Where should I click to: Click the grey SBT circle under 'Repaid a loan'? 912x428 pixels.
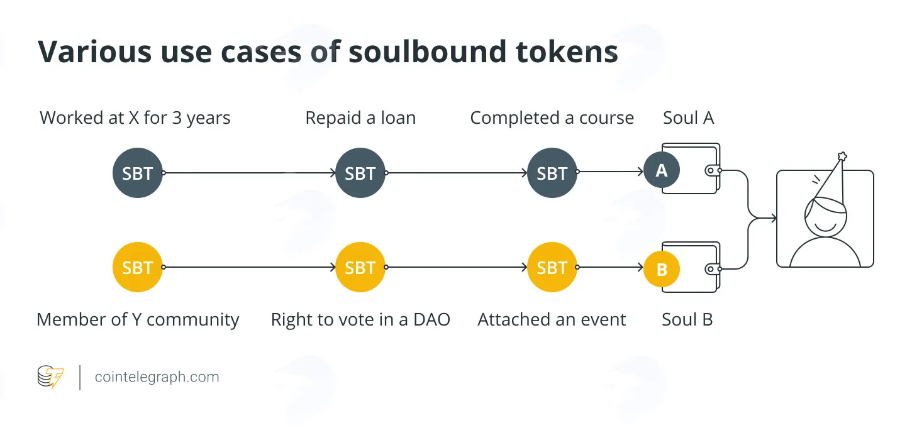(x=360, y=173)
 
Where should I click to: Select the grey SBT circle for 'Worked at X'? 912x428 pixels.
(x=138, y=173)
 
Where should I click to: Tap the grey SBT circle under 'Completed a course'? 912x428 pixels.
(x=552, y=173)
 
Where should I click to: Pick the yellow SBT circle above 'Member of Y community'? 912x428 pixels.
(x=138, y=267)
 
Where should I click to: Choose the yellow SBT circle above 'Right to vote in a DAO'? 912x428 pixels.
(x=360, y=267)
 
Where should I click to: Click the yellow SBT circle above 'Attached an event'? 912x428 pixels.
(x=552, y=267)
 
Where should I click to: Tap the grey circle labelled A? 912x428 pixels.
(x=662, y=170)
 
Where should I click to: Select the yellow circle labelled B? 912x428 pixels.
(x=662, y=270)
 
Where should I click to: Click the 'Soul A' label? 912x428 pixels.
(x=689, y=118)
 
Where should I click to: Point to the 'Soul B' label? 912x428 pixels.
(x=687, y=320)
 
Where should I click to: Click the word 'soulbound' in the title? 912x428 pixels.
(x=427, y=52)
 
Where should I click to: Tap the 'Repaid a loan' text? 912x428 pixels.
(x=361, y=118)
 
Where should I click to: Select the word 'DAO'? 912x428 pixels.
(x=431, y=320)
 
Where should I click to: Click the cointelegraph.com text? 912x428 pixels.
(x=157, y=377)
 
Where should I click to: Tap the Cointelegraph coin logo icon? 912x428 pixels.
(x=50, y=377)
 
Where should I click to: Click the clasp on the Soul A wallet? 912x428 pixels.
(x=713, y=170)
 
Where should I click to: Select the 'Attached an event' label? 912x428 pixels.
(x=552, y=320)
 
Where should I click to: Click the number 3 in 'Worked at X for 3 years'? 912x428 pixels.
(x=177, y=118)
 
